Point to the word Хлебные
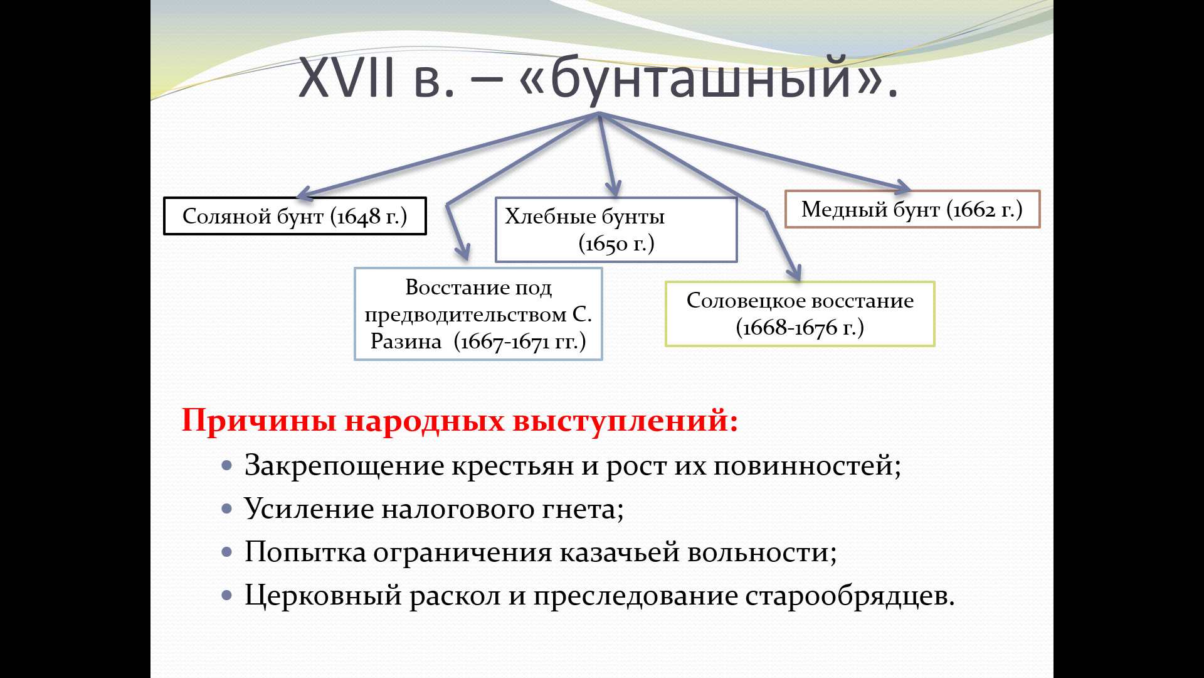point(550,217)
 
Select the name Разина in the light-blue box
point(406,342)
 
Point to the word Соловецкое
point(744,301)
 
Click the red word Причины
point(259,420)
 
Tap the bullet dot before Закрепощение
point(227,466)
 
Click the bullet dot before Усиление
point(227,508)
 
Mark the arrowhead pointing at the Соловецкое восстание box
point(795,274)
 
